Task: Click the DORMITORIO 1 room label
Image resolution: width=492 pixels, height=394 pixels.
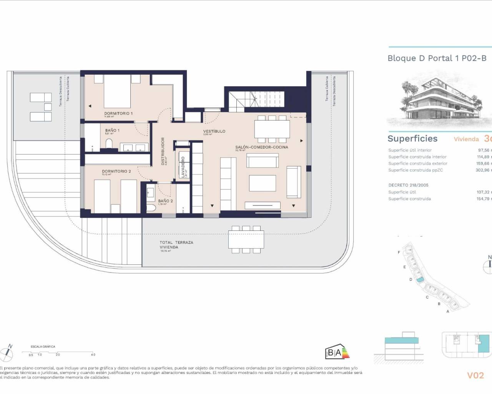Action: (x=118, y=114)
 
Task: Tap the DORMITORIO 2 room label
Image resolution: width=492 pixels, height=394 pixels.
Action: (x=116, y=171)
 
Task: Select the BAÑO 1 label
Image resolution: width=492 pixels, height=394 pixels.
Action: (x=112, y=130)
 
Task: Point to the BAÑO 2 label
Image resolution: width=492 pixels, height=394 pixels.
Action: (x=165, y=201)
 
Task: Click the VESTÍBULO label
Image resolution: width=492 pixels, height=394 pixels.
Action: (x=214, y=131)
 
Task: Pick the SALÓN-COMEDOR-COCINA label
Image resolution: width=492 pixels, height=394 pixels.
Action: (x=261, y=147)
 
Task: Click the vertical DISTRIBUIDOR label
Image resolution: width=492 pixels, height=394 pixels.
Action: (x=163, y=151)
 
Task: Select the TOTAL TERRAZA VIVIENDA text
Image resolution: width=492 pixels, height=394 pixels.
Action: (x=176, y=245)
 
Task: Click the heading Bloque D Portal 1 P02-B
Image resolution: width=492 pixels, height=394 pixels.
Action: (x=437, y=58)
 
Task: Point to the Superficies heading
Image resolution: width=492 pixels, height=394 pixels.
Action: (x=412, y=139)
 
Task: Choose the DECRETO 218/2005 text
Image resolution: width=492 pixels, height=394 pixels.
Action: (x=408, y=185)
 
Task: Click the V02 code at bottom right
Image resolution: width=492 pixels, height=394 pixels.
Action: (x=475, y=375)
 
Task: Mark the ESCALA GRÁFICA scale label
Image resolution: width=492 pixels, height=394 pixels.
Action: (x=43, y=347)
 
